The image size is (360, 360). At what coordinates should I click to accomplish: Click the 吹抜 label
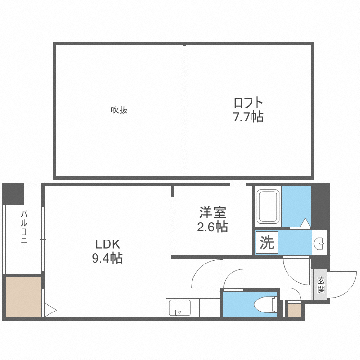pyautogui.click(x=120, y=110)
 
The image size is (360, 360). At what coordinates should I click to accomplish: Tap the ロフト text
pyautogui.click(x=248, y=103)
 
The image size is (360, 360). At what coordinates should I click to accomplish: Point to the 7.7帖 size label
pyautogui.click(x=248, y=117)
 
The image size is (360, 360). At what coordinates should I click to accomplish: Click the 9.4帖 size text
pyautogui.click(x=107, y=258)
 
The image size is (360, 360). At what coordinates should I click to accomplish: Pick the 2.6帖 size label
pyautogui.click(x=212, y=226)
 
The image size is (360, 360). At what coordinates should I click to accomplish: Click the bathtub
pyautogui.click(x=268, y=207)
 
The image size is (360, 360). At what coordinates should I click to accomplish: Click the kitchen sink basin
pyautogui.click(x=180, y=308)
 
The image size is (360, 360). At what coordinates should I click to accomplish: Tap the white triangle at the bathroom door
pyautogui.click(x=306, y=223)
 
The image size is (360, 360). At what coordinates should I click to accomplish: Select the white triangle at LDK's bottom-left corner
pyautogui.click(x=50, y=310)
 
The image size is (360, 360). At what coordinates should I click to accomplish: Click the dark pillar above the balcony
pyautogui.click(x=13, y=194)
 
